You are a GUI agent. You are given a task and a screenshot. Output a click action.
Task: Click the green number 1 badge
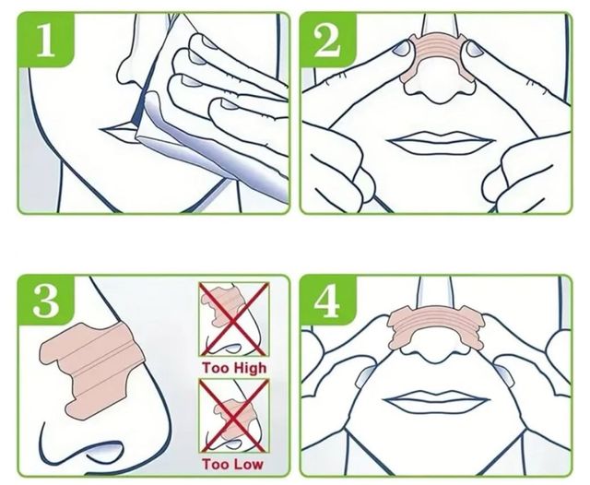(46, 40)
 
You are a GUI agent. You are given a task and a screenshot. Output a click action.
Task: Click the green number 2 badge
(327, 40)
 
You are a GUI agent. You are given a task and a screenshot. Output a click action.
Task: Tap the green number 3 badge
(46, 301)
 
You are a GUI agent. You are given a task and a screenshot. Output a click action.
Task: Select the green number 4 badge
(327, 301)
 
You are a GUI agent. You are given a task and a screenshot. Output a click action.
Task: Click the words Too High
(234, 368)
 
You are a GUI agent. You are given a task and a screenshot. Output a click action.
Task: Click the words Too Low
(232, 464)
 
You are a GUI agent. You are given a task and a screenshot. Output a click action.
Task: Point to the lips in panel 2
(442, 142)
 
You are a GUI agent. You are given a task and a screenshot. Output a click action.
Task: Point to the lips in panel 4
(436, 400)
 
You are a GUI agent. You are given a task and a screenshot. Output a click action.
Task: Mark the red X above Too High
(234, 319)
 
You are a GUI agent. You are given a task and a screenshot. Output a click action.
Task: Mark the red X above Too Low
(234, 416)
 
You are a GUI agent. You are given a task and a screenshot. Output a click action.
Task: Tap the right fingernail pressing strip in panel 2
(476, 49)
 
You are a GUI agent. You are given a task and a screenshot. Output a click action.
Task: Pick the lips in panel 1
(117, 130)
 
